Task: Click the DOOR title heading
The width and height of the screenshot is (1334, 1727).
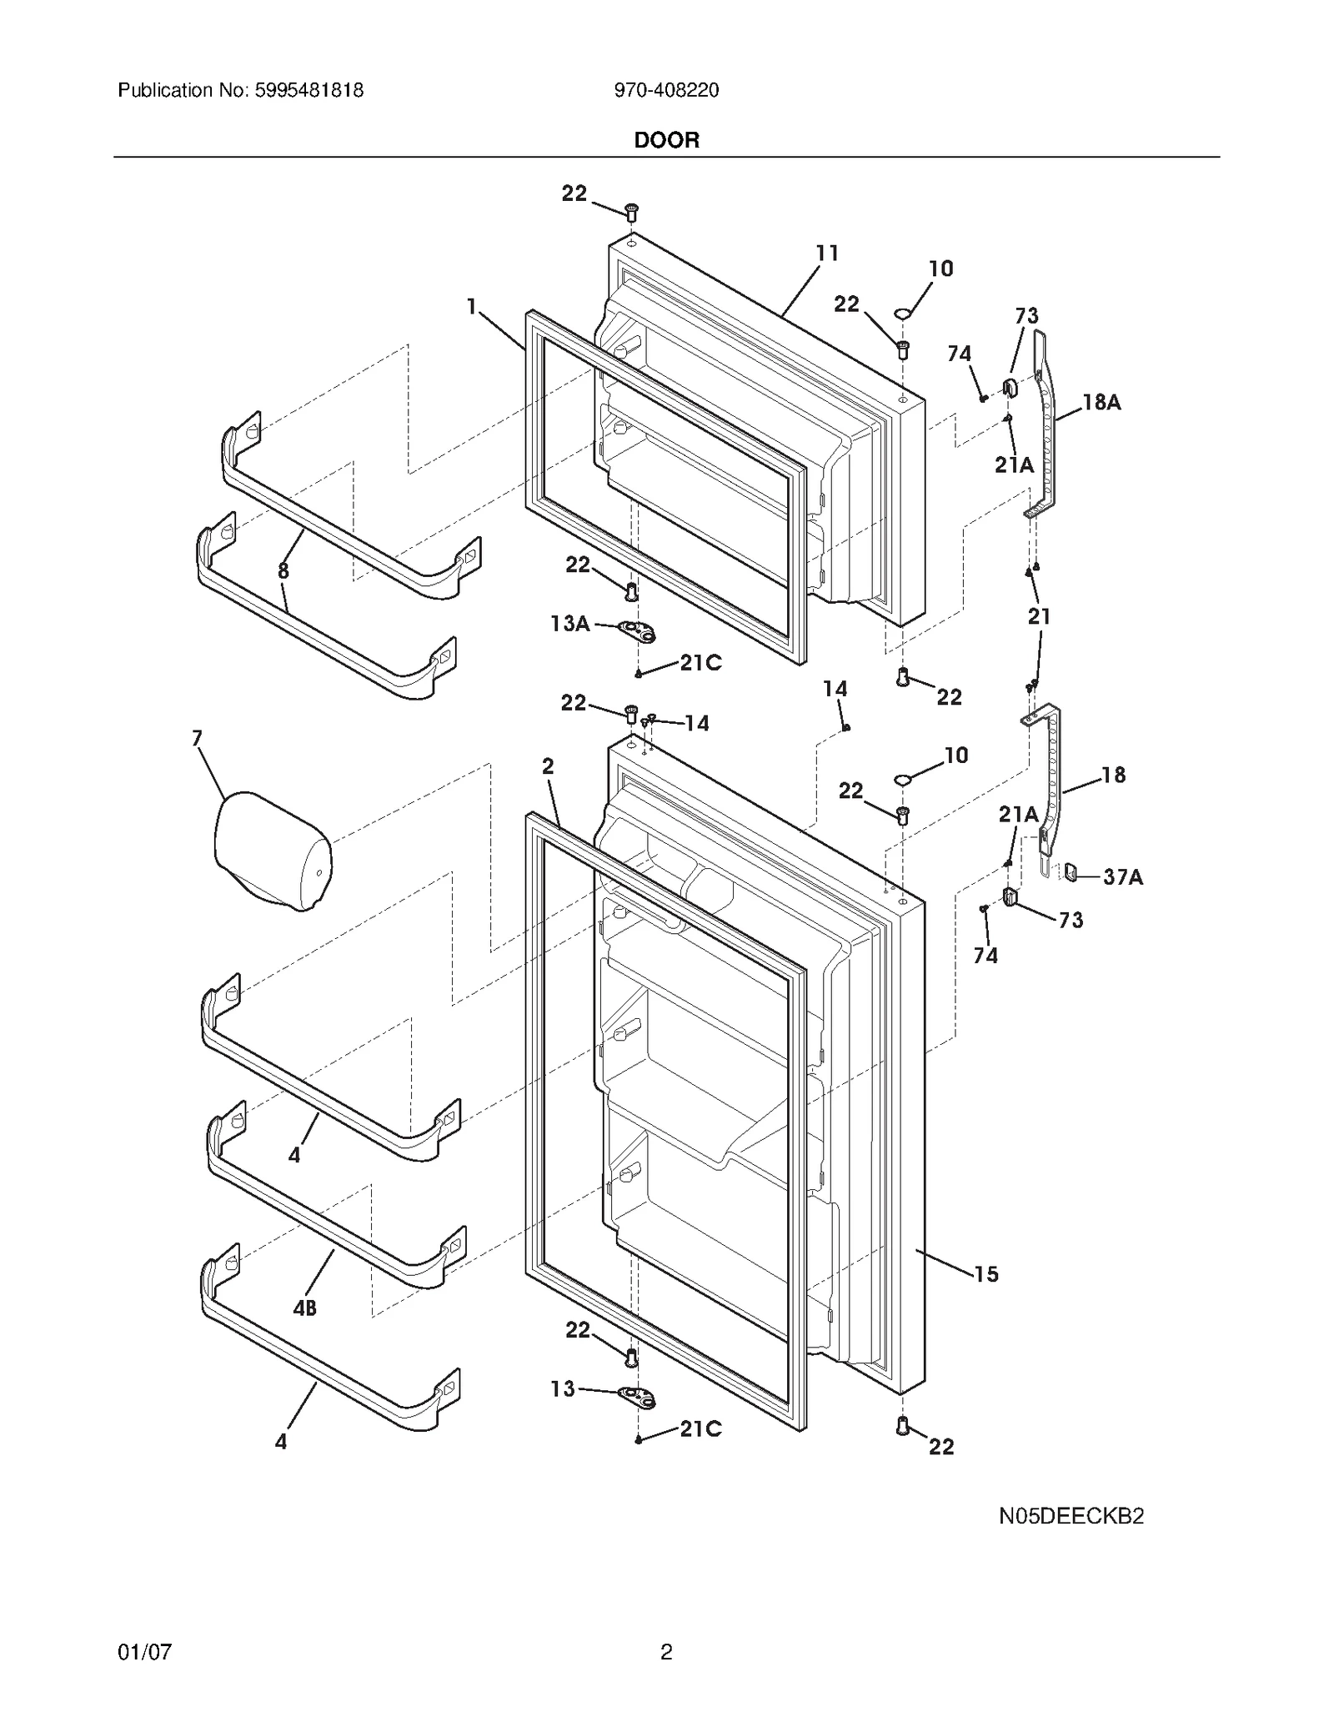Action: click(666, 140)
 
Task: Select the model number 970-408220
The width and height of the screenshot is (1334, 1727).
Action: click(666, 91)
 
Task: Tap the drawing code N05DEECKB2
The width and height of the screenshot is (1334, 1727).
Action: click(1071, 1516)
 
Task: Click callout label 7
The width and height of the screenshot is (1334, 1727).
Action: click(198, 738)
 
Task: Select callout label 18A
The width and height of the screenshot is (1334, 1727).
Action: click(1101, 403)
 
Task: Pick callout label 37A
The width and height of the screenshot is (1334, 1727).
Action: click(1122, 877)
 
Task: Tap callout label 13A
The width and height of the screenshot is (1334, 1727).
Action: click(570, 623)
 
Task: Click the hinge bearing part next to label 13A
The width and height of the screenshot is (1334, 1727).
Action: click(638, 630)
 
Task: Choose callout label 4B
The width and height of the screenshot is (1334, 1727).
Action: click(304, 1308)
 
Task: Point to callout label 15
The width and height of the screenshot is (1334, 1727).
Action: click(985, 1273)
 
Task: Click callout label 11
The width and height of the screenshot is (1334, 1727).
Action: click(826, 253)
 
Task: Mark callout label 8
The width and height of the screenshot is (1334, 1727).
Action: click(283, 571)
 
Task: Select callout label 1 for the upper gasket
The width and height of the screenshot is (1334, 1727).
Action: click(472, 307)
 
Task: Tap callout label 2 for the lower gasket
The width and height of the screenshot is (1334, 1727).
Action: click(548, 766)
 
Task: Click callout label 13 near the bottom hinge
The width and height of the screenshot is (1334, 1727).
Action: click(563, 1388)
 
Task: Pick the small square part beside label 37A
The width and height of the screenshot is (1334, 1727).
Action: click(1071, 873)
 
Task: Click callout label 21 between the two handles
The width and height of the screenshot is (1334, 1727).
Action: click(1039, 616)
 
